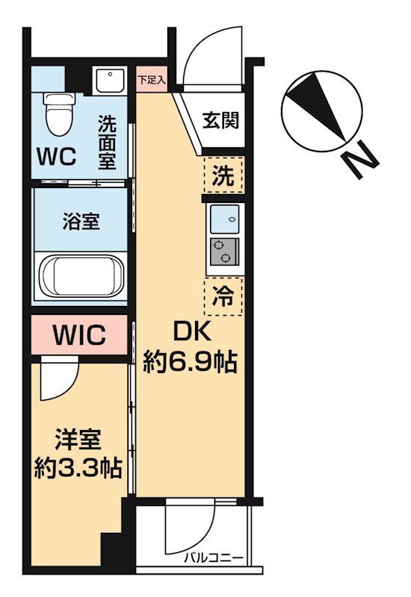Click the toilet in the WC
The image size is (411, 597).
[56, 110]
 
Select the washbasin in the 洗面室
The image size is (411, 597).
[110, 80]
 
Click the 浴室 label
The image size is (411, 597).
[81, 221]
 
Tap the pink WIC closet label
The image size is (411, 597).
[78, 335]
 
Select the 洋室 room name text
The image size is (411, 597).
[77, 438]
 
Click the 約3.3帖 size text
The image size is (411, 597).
[77, 468]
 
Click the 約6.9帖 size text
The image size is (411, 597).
[190, 363]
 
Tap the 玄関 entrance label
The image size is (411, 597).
[221, 119]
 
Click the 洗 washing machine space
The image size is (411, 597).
[223, 178]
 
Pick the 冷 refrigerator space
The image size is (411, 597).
[223, 296]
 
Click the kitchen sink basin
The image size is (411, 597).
[223, 219]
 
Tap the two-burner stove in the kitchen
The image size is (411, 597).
[223, 252]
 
